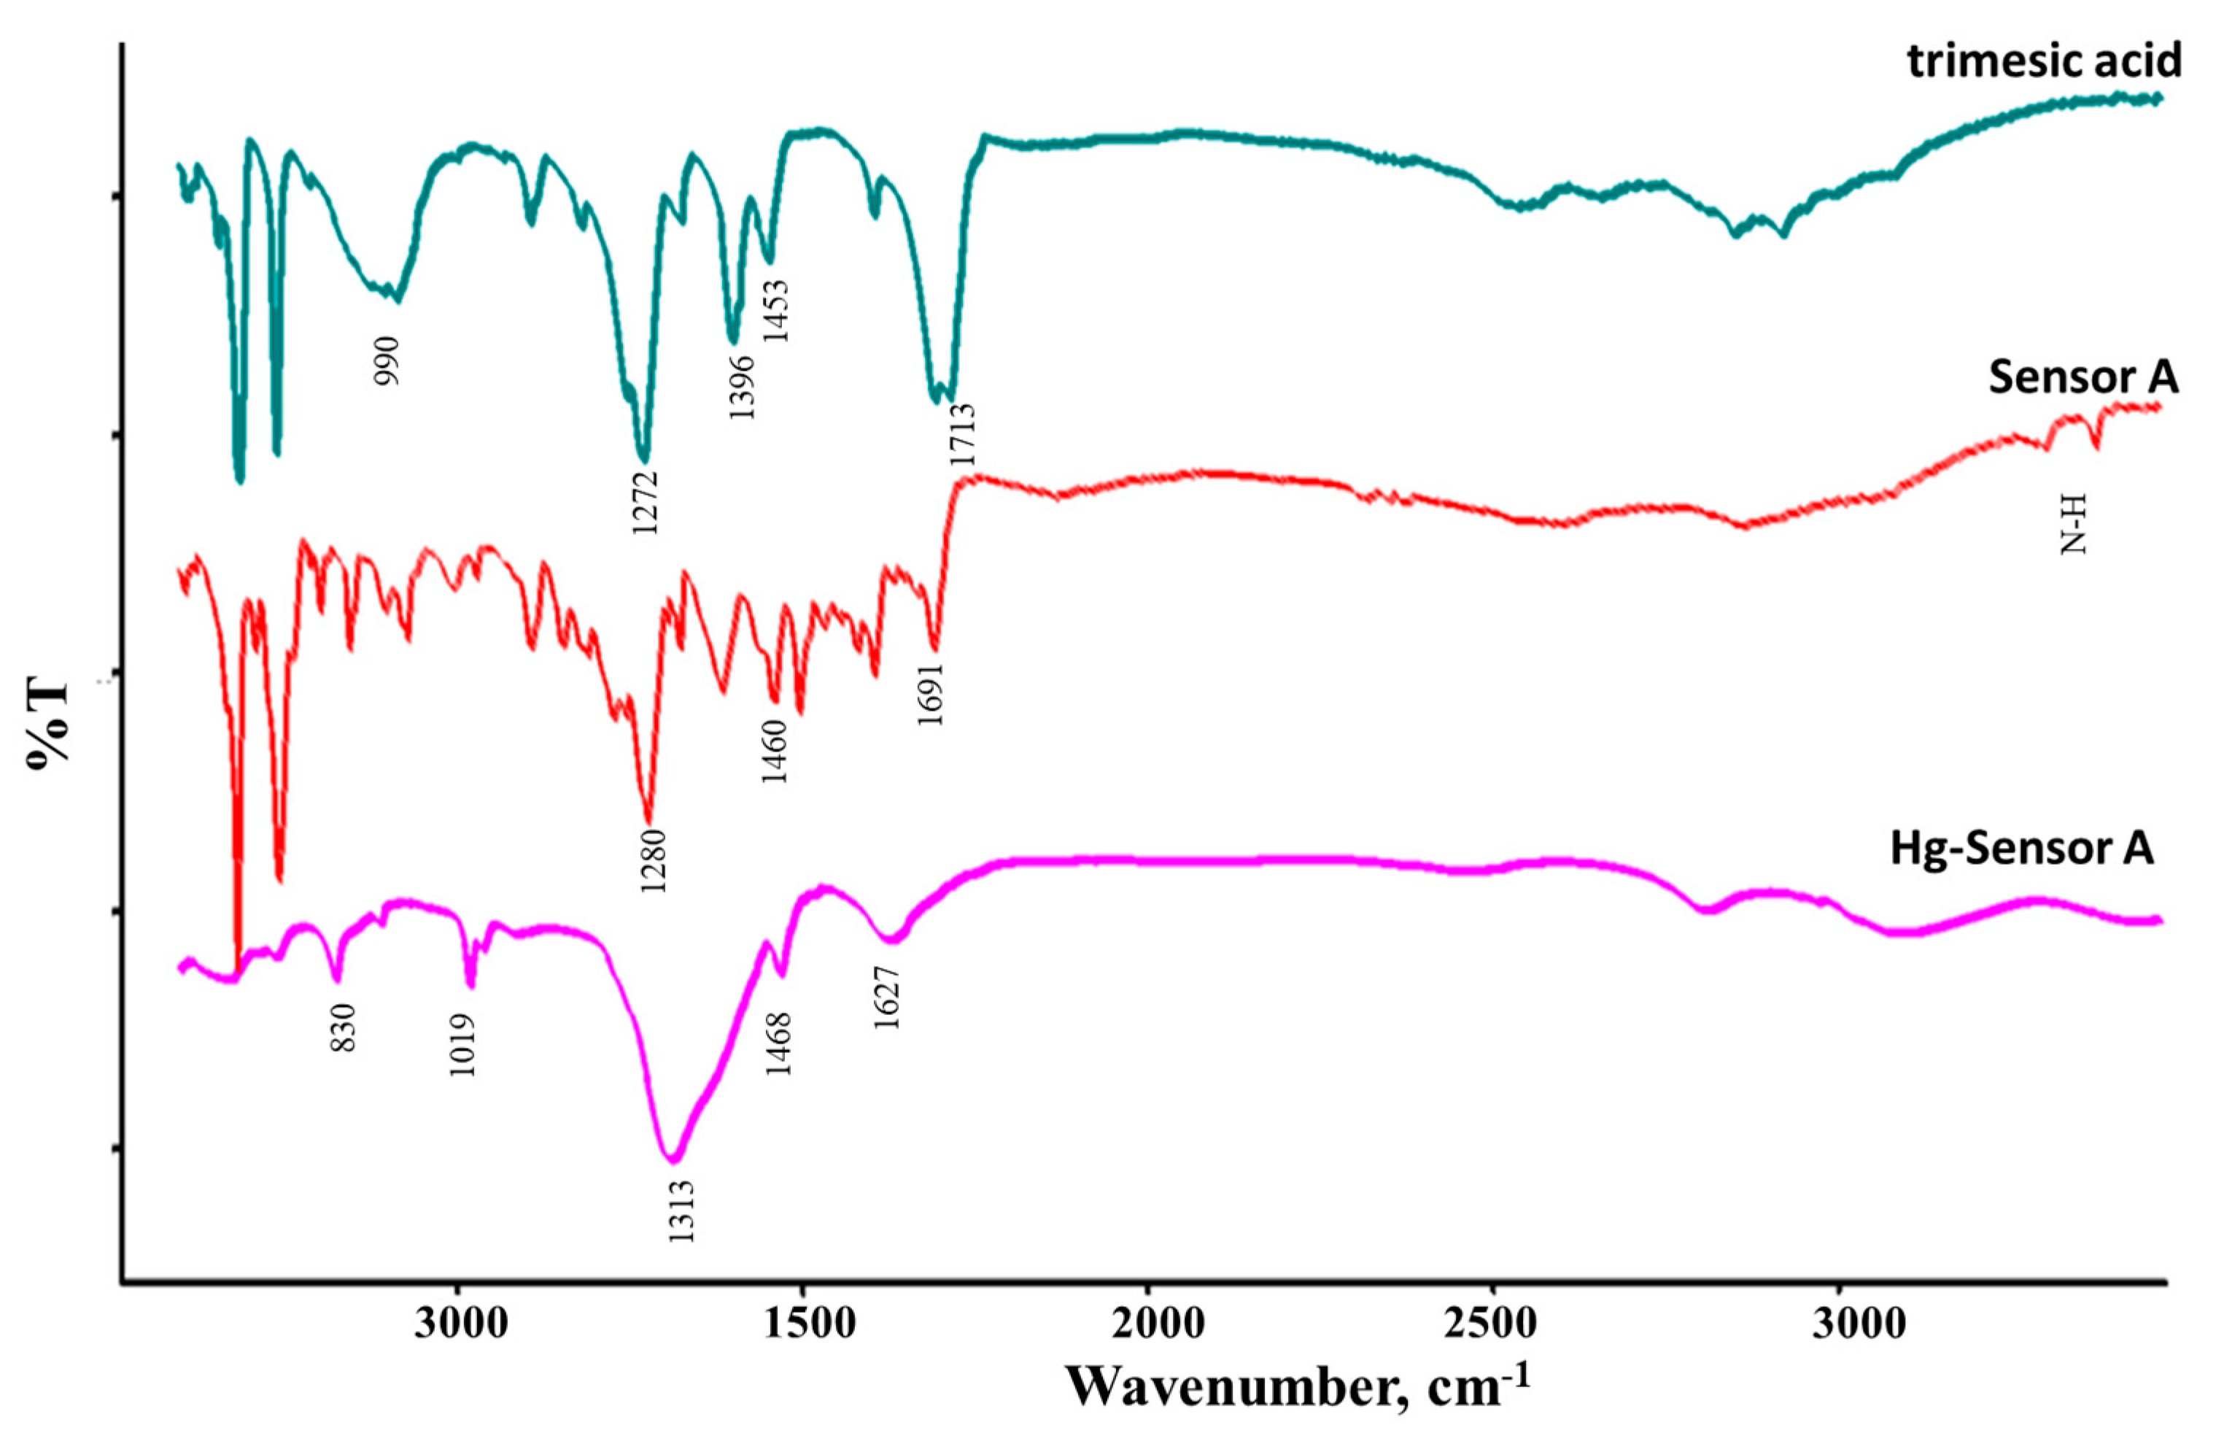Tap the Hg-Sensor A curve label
point(2021,849)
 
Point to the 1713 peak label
point(962,435)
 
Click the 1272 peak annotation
point(646,502)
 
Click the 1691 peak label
point(931,695)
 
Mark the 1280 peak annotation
point(654,860)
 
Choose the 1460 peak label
point(775,752)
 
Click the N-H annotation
point(2074,525)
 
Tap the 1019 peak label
point(462,1044)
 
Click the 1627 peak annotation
point(887,997)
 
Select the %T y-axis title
point(48,725)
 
